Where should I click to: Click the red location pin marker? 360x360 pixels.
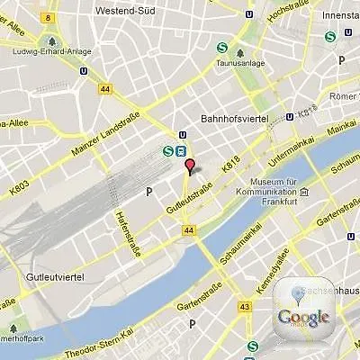click(x=189, y=166)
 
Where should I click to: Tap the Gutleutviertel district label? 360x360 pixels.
click(x=59, y=275)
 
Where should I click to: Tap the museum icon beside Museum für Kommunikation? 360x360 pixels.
click(x=304, y=192)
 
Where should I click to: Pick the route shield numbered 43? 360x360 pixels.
click(x=245, y=307)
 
